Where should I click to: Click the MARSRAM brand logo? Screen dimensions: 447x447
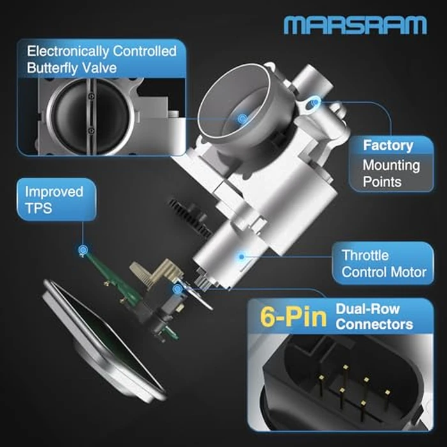point(354,25)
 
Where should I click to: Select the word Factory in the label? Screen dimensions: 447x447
point(388,145)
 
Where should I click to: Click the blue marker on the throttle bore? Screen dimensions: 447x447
point(241,119)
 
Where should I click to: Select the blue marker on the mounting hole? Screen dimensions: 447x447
point(314,102)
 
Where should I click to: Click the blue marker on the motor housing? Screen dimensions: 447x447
point(241,257)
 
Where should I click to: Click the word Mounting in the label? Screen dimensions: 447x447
point(391,165)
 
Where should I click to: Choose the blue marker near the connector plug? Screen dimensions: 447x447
point(176,289)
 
